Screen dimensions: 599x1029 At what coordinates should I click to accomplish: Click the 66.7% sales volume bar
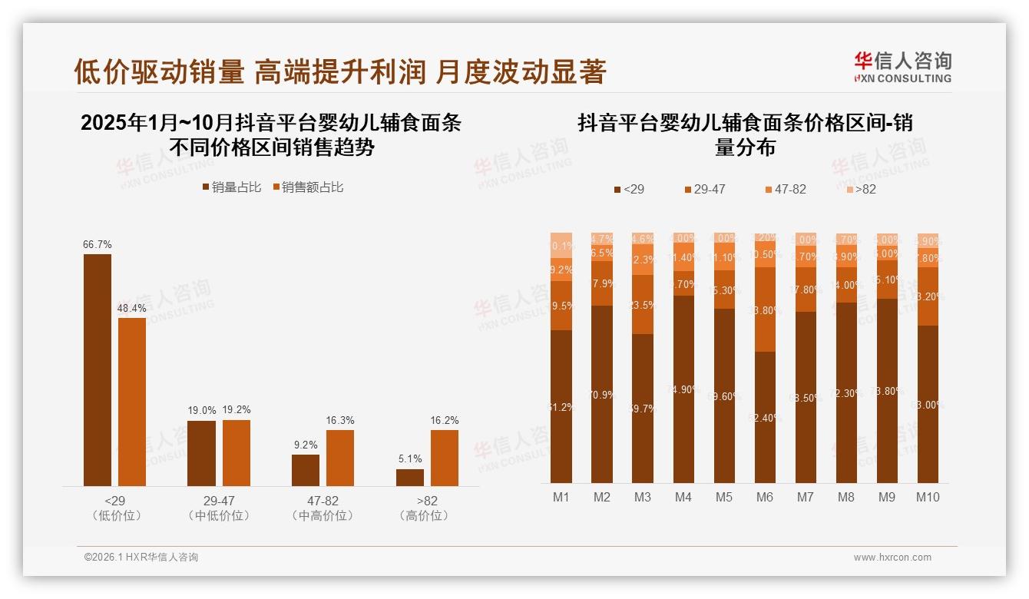click(x=98, y=369)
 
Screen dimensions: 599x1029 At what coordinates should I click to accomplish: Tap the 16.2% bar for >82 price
click(x=445, y=458)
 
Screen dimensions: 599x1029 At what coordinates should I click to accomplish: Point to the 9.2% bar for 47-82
click(x=306, y=470)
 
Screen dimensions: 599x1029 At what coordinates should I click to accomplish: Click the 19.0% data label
click(x=202, y=411)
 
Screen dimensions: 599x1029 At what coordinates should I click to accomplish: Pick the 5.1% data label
click(x=410, y=459)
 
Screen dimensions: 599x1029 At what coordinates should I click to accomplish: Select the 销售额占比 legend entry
click(x=307, y=187)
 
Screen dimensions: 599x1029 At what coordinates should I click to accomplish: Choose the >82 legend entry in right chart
click(x=861, y=189)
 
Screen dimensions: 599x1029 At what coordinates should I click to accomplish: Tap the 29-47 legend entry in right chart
click(x=703, y=189)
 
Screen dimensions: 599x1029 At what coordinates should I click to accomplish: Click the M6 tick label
click(x=764, y=498)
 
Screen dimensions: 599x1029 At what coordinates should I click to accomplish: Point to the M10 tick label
click(x=928, y=498)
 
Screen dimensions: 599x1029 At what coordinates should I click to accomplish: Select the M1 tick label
click(x=561, y=498)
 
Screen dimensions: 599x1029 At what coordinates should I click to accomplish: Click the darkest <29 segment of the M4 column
click(x=683, y=389)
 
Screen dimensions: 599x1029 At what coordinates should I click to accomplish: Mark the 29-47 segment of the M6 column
click(x=765, y=309)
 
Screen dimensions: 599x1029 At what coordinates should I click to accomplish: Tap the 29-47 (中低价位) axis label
click(x=219, y=508)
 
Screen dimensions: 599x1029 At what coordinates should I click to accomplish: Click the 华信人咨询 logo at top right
click(x=903, y=67)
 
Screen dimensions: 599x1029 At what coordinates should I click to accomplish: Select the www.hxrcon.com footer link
click(x=892, y=558)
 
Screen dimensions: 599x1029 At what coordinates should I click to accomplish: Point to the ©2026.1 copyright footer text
click(x=141, y=558)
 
